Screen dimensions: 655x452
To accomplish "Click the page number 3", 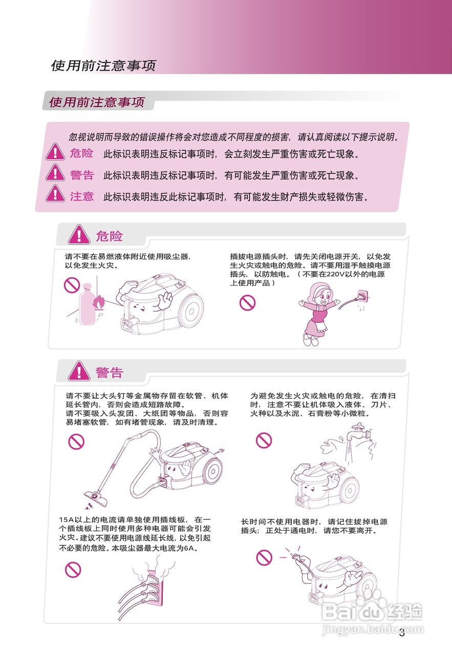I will click(402, 633).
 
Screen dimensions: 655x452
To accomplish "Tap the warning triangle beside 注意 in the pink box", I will click(55, 194).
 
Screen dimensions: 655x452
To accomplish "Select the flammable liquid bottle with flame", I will click(88, 303).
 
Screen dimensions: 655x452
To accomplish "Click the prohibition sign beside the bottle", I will click(72, 285).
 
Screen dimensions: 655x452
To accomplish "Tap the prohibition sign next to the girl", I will click(247, 303).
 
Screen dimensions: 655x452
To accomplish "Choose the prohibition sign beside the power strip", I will click(73, 569).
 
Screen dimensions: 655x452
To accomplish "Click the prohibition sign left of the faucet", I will click(264, 440).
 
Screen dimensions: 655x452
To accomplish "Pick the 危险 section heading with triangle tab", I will click(97, 236).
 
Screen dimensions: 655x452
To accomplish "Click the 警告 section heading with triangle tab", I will click(97, 372).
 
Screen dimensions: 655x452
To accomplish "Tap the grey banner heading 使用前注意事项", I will click(97, 102).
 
